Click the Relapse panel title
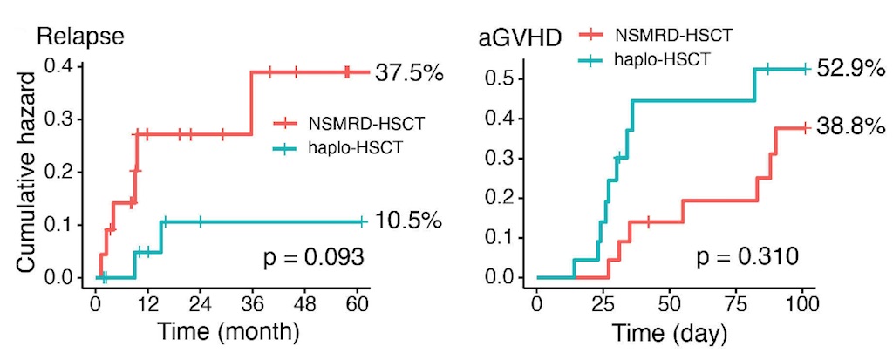click(79, 37)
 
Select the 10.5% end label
click(410, 222)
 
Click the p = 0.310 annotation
click(746, 257)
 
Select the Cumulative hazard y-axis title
click(27, 172)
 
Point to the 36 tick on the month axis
click(251, 306)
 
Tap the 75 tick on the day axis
click(734, 306)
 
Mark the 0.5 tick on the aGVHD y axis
click(503, 78)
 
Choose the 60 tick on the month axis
click(356, 306)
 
